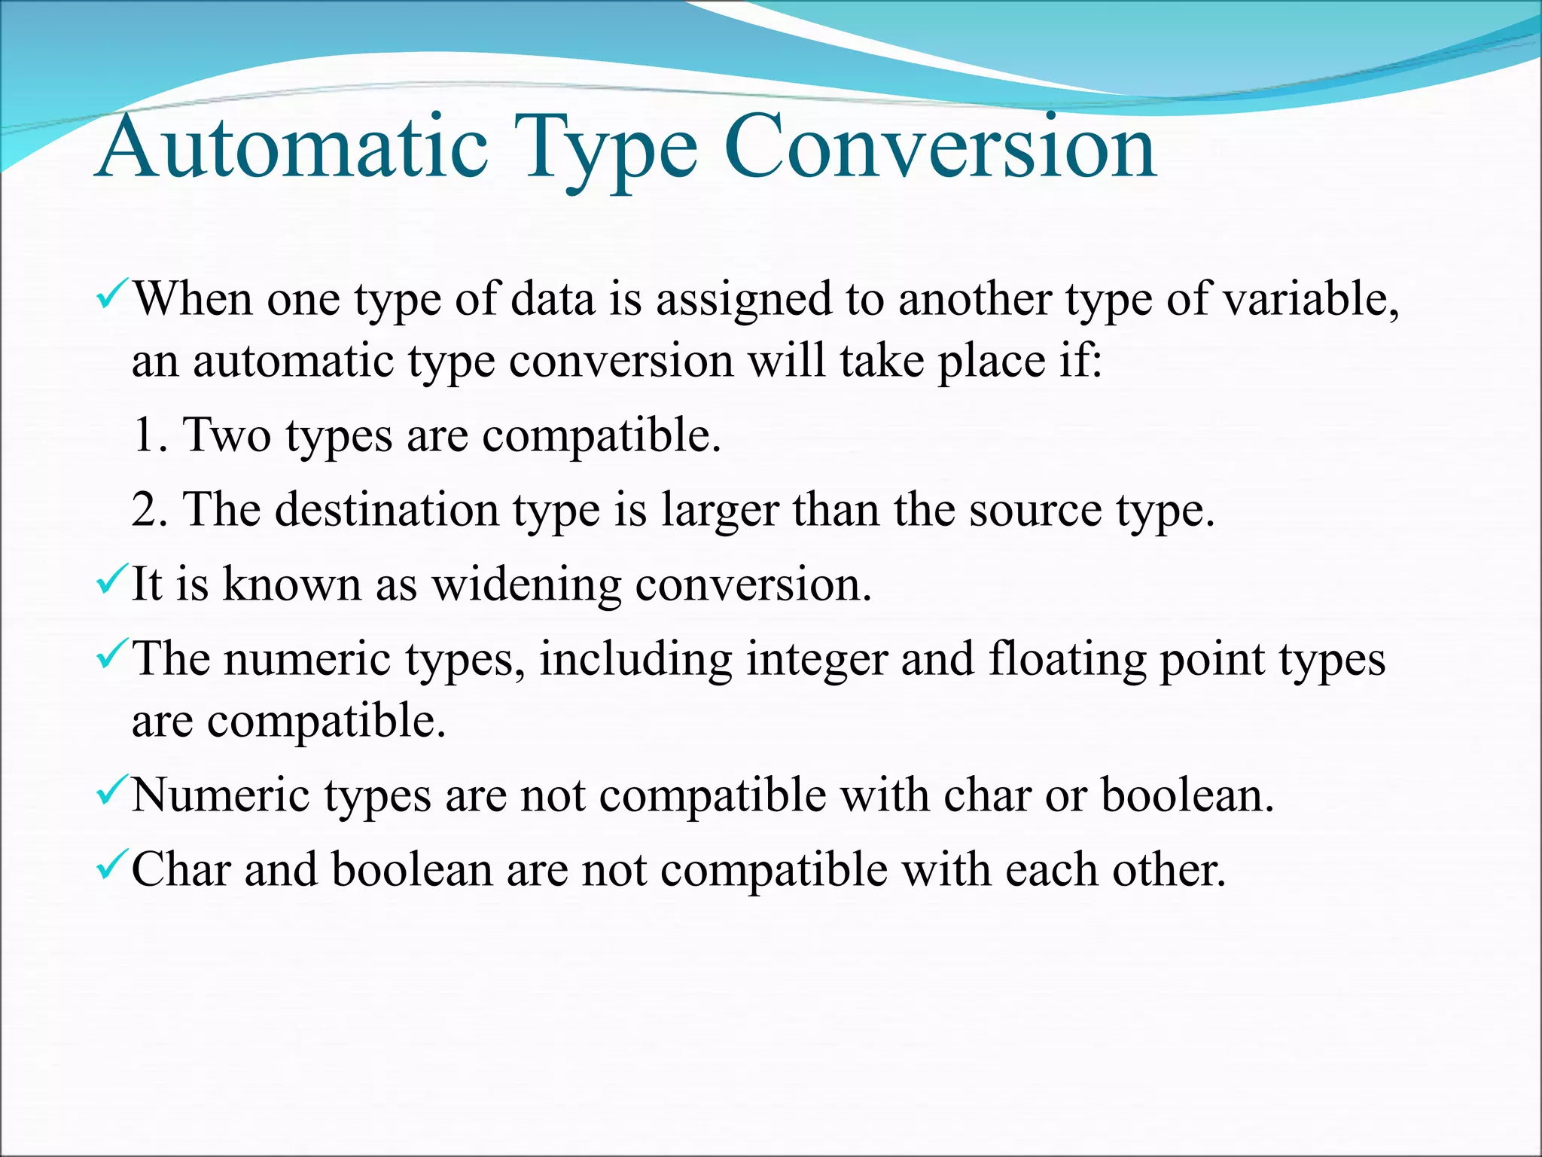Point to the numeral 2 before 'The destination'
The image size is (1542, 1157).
[145, 510]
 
